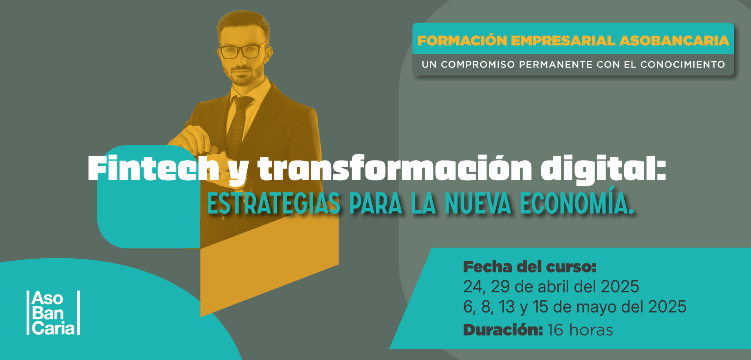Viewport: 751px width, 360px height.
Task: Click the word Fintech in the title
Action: tap(153, 168)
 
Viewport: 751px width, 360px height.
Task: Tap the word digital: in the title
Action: tap(603, 170)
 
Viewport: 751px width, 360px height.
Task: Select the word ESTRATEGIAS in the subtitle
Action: tap(273, 203)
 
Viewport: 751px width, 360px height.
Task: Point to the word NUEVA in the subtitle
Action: tap(478, 203)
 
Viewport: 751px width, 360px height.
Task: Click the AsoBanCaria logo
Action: tap(53, 313)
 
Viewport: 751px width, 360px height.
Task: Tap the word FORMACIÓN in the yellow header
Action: tap(462, 40)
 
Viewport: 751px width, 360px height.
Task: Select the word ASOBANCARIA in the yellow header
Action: tap(675, 41)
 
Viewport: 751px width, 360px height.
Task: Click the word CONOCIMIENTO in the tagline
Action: tap(683, 65)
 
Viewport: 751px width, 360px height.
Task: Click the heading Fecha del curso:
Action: tap(530, 267)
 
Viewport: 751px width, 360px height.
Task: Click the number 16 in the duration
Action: tap(555, 330)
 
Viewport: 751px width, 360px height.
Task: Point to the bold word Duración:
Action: tap(503, 329)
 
